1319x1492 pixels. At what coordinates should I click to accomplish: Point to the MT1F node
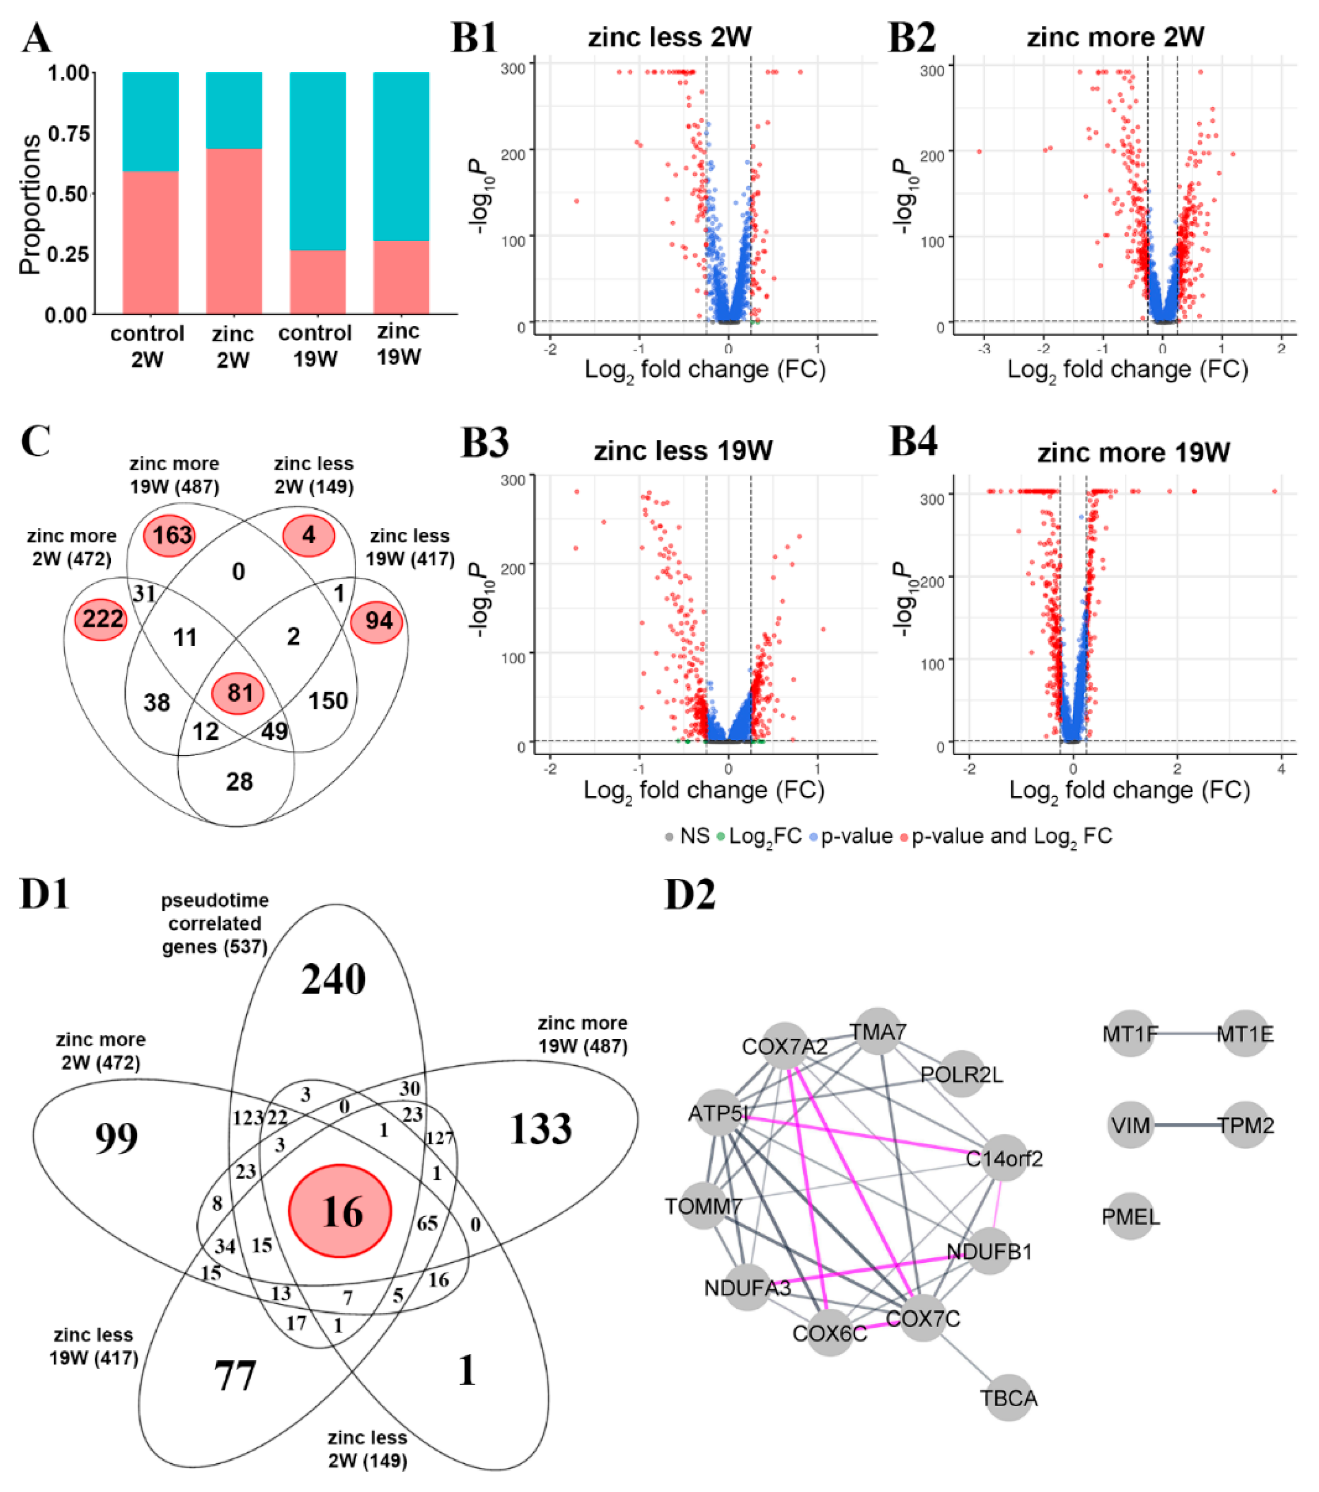(x=1130, y=1034)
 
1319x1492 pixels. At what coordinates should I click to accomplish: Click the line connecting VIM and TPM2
(x=1188, y=1125)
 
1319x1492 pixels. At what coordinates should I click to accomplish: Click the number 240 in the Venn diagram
(x=333, y=980)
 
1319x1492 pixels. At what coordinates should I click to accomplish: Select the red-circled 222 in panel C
(x=101, y=619)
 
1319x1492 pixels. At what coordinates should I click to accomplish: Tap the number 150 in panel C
(x=328, y=701)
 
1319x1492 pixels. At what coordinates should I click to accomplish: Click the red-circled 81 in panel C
(x=238, y=692)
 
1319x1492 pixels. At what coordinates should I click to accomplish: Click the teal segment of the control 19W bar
(x=317, y=161)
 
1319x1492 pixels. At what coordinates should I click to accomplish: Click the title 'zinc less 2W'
(x=669, y=36)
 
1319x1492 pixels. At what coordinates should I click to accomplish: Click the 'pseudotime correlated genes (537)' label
(x=214, y=923)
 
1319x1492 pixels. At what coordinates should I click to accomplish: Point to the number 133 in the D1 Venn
(x=540, y=1129)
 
